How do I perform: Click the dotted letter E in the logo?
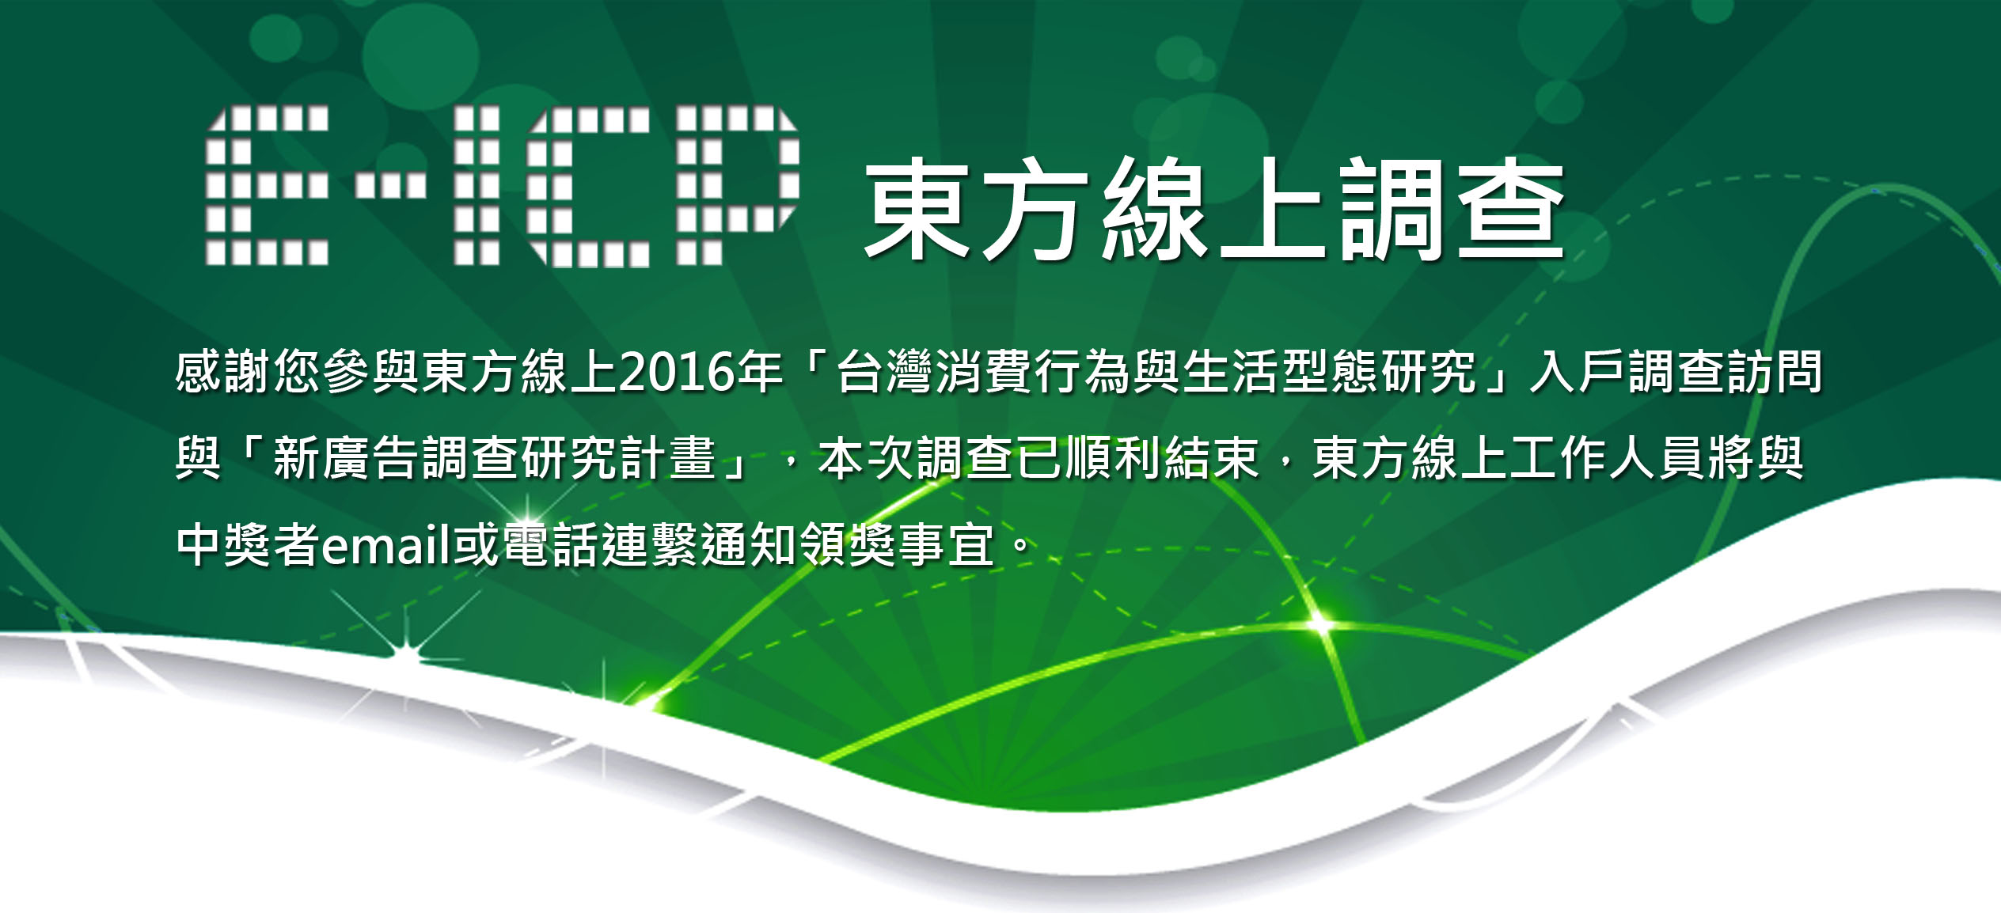(x=267, y=185)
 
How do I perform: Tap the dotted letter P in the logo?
(x=739, y=185)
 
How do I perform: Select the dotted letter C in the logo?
(x=590, y=185)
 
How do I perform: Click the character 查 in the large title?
(x=1511, y=209)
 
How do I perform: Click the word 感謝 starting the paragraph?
(x=224, y=371)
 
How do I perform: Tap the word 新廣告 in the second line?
(x=347, y=458)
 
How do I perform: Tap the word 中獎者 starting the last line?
(x=249, y=545)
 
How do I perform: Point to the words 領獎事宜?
(x=897, y=545)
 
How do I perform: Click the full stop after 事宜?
(x=1022, y=545)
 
